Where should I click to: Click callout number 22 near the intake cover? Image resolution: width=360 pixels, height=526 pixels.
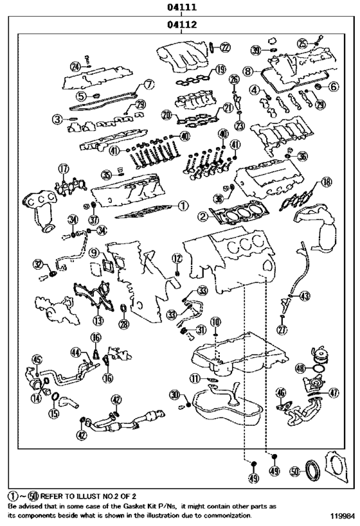[224, 48]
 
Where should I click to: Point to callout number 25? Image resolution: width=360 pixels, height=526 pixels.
[303, 43]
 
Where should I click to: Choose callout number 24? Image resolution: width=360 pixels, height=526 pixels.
[75, 66]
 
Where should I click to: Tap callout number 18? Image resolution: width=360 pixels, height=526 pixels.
[327, 183]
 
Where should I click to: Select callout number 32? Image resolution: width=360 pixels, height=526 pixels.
[38, 264]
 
